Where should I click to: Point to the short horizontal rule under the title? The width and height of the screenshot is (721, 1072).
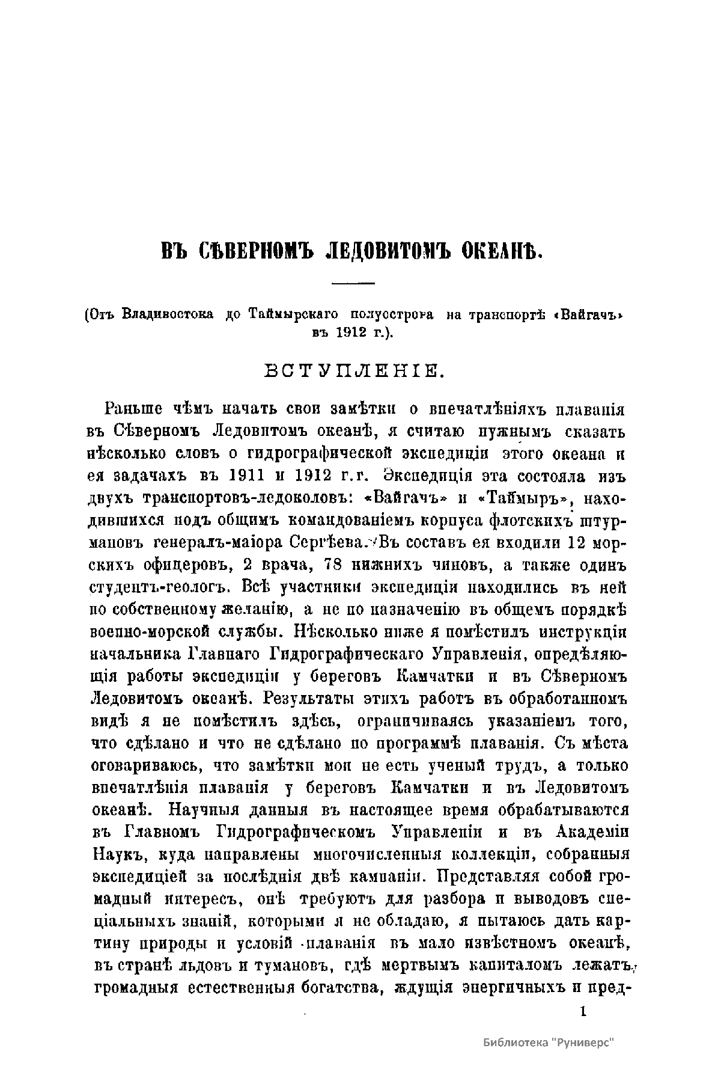[x=353, y=283]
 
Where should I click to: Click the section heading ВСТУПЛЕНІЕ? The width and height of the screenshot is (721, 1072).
[x=354, y=370]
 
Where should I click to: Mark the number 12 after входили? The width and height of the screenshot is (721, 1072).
[x=573, y=542]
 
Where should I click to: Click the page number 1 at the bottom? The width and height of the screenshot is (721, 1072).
[x=582, y=1011]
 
